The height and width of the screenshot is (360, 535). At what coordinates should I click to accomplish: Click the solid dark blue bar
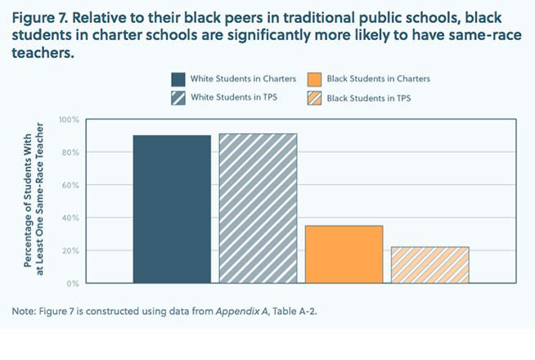(172, 209)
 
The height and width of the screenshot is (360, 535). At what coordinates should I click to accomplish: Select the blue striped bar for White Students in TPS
(258, 208)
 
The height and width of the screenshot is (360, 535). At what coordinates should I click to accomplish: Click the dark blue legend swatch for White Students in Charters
(178, 79)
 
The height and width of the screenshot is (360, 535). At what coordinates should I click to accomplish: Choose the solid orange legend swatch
(314, 79)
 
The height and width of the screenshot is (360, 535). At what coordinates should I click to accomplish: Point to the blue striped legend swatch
(178, 98)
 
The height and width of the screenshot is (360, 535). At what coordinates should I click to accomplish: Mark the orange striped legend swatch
(314, 98)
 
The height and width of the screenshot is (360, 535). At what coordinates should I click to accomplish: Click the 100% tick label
(69, 120)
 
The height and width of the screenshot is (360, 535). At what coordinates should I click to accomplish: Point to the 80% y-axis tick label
(70, 153)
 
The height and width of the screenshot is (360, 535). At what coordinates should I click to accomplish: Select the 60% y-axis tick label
(70, 186)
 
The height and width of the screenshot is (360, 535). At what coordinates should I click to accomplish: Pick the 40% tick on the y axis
(70, 218)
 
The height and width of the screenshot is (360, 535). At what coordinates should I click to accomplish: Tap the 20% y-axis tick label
(70, 251)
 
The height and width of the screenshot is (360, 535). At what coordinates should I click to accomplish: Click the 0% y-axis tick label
(73, 283)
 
